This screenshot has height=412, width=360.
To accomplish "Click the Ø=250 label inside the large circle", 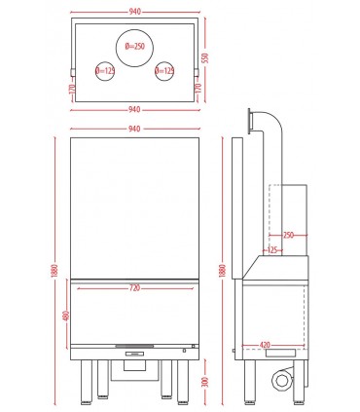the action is (x=135, y=47).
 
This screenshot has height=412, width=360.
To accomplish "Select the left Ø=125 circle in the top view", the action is (x=105, y=71).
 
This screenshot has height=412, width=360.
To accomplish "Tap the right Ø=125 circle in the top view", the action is (x=164, y=71).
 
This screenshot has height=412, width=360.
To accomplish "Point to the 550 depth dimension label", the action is (x=204, y=57).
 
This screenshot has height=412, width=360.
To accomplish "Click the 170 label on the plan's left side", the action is (x=72, y=89).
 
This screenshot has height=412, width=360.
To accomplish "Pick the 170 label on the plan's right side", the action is (x=198, y=89).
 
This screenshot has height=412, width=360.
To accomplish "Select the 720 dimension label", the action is (x=134, y=288).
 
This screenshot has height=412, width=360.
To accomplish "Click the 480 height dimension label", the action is (x=66, y=316).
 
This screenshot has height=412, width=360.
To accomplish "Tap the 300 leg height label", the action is (x=204, y=382).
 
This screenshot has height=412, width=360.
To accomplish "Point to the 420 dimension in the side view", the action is (x=265, y=345).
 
